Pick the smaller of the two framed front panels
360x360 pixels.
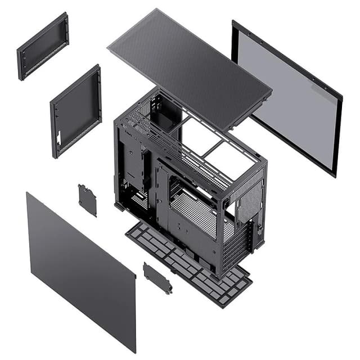[x=43, y=46]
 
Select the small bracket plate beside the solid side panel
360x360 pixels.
[x=157, y=277]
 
